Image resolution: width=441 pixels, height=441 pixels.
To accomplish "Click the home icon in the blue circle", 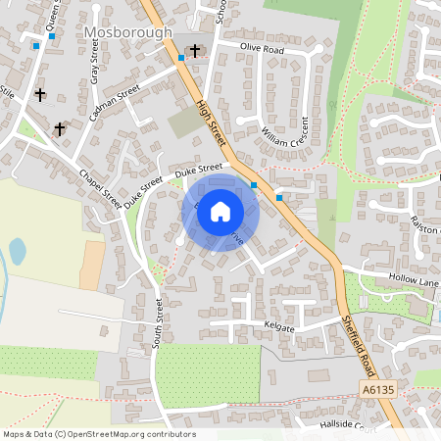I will (220, 211).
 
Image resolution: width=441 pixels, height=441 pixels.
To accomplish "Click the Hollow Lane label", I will (416, 281).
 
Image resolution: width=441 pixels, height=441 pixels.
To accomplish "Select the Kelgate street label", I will (278, 326).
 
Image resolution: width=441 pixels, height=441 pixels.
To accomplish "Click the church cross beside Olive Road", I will (194, 50).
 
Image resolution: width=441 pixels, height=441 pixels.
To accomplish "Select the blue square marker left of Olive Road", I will (181, 58).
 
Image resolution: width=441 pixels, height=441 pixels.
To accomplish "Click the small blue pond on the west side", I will (17, 252).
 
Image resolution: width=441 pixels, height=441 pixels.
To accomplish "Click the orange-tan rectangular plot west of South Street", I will (92, 265).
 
